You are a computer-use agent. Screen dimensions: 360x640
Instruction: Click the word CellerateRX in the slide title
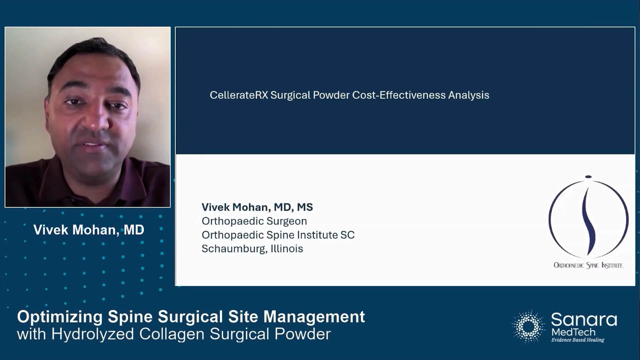pyautogui.click(x=239, y=95)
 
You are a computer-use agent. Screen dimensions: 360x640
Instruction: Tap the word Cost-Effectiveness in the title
pyautogui.click(x=399, y=95)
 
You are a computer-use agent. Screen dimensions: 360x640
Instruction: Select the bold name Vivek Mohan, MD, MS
pyautogui.click(x=257, y=207)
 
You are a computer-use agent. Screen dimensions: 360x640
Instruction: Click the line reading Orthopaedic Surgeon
pyautogui.click(x=254, y=221)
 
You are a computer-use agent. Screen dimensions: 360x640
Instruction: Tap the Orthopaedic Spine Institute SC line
pyautogui.click(x=278, y=235)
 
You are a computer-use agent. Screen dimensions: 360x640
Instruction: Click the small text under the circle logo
pyautogui.click(x=588, y=265)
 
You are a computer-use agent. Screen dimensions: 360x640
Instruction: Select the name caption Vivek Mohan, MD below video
pyautogui.click(x=89, y=230)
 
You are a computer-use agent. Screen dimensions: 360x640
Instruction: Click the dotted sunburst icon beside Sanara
pyautogui.click(x=528, y=326)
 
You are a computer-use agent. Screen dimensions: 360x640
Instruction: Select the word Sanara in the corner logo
pyautogui.click(x=584, y=320)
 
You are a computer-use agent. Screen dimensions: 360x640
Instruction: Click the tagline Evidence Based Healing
pyautogui.click(x=577, y=340)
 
